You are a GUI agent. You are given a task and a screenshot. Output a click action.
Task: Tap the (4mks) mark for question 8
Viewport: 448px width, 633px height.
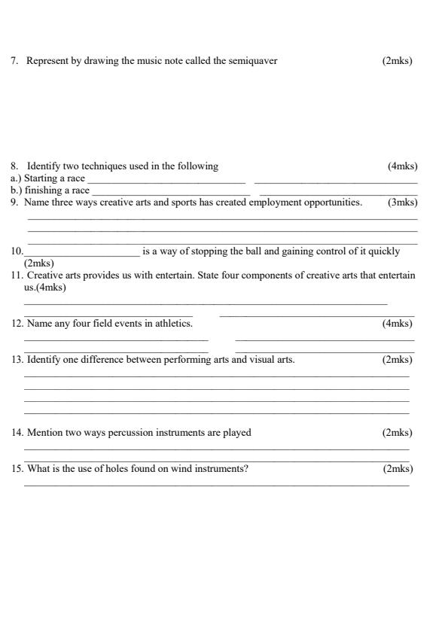[402, 166]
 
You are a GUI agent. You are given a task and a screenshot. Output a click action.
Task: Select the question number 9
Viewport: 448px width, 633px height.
[14, 202]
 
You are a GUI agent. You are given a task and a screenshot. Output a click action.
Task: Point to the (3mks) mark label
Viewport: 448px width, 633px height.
[402, 202]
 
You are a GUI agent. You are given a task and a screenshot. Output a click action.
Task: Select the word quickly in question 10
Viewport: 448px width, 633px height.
[384, 251]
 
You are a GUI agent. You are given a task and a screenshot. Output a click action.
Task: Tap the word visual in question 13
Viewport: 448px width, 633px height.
[260, 360]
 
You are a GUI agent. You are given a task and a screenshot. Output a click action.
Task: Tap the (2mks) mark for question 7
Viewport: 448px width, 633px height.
[398, 61]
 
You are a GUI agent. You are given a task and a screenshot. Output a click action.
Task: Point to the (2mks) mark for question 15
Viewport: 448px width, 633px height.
[398, 469]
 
